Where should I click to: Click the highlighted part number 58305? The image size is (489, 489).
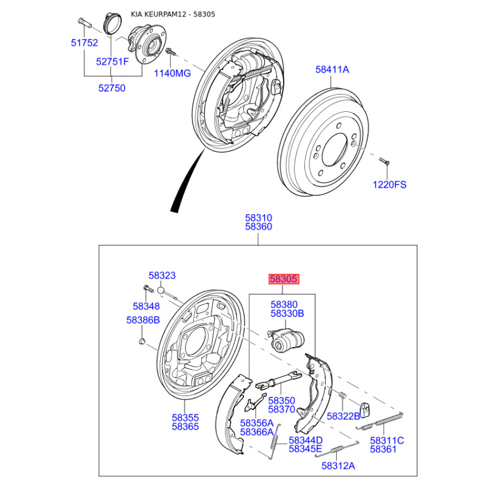click(284, 279)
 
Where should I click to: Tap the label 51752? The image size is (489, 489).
click(84, 43)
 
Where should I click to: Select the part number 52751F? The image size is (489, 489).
click(112, 62)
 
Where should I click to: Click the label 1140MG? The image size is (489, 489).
click(172, 73)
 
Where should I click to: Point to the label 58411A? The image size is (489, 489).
click(332, 69)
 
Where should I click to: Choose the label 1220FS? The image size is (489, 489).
click(389, 185)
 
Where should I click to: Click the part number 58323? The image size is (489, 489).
click(162, 276)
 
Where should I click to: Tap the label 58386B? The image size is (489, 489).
click(143, 320)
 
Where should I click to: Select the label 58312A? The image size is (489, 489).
click(338, 466)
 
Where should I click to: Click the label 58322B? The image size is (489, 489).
click(344, 416)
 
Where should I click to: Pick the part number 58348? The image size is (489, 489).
click(146, 306)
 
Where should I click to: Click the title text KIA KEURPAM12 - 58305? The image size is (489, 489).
click(173, 14)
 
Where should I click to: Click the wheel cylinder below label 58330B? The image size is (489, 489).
click(286, 340)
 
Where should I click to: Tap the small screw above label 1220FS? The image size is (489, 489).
click(384, 161)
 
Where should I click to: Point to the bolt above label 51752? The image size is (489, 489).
click(84, 23)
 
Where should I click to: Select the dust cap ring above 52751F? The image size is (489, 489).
click(112, 23)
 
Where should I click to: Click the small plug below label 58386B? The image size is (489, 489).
click(142, 340)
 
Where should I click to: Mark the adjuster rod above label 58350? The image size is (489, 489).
click(279, 380)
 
